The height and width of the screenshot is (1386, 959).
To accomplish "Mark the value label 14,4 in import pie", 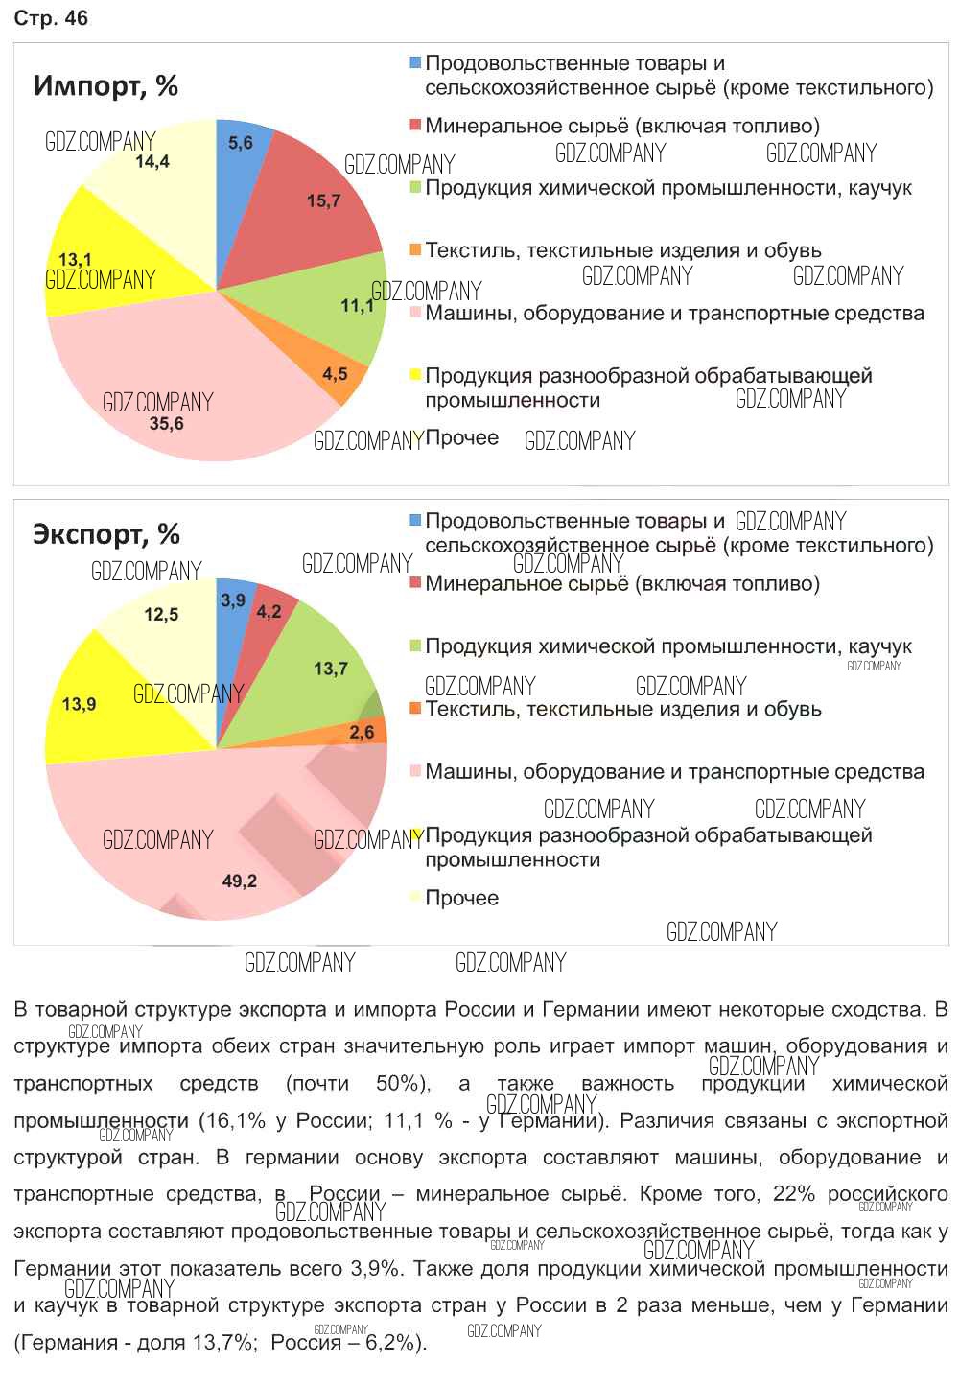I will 152,162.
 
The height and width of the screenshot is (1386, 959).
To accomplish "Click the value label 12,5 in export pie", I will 161,615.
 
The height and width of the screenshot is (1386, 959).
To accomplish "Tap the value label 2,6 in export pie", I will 362,733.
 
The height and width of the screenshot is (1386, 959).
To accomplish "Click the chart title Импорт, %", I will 105,86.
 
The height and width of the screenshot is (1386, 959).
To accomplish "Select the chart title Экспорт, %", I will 106,534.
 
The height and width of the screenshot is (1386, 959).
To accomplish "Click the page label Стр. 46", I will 51,19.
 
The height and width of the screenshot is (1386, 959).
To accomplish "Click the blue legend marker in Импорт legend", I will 415,63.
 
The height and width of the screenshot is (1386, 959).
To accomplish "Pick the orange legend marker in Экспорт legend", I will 415,709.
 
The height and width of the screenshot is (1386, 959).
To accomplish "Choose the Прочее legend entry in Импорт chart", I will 461,438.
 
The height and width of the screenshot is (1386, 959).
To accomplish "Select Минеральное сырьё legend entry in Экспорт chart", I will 621,583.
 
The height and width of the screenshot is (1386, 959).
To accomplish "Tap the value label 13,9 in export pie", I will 79,705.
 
